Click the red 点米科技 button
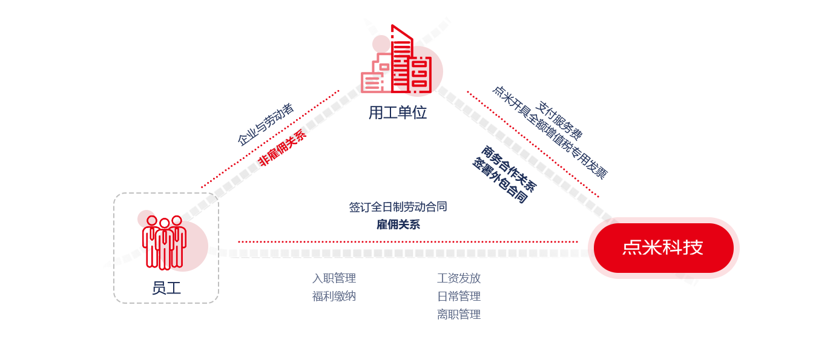pyautogui.click(x=663, y=248)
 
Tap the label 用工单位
pyautogui.click(x=398, y=113)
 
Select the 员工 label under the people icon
pyautogui.click(x=166, y=288)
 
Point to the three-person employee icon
pyautogui.click(x=164, y=242)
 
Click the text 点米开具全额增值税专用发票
pyautogui.click(x=549, y=133)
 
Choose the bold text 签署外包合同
pyautogui.click(x=500, y=181)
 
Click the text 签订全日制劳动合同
pyautogui.click(x=398, y=207)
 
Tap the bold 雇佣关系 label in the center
pyautogui.click(x=398, y=224)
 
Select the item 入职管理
pyautogui.click(x=334, y=278)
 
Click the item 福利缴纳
pyautogui.click(x=334, y=296)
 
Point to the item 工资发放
pyautogui.click(x=459, y=278)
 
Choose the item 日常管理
pyautogui.click(x=459, y=296)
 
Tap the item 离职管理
pyautogui.click(x=459, y=315)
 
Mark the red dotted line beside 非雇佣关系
pyautogui.click(x=270, y=139)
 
